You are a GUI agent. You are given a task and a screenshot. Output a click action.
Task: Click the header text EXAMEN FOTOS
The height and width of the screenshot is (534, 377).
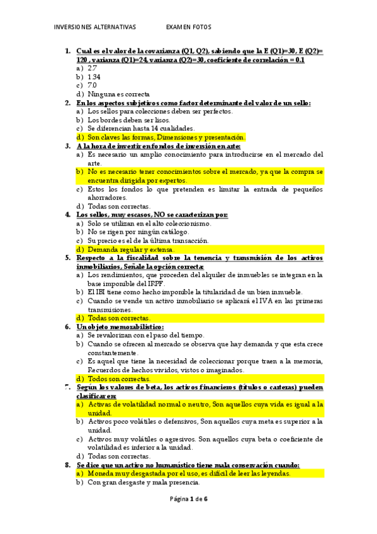[x=188, y=27]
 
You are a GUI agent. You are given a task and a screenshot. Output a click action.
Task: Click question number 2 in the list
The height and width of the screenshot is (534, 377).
[x=68, y=103]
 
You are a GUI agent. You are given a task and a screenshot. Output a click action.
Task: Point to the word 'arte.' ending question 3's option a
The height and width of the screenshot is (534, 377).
[x=94, y=162]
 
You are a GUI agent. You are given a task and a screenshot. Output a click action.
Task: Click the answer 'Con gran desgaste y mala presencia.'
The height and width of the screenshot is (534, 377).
[x=143, y=482]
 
